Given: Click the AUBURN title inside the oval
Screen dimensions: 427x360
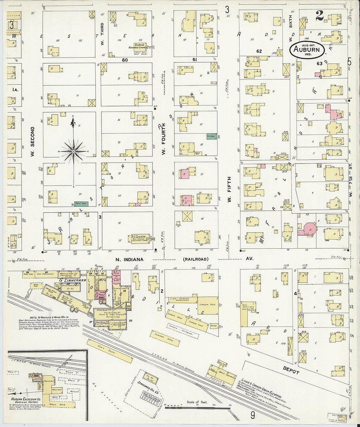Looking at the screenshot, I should [307, 50].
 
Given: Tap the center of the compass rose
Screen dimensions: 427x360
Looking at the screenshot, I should [74, 151].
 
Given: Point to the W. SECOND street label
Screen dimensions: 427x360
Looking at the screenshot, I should [33, 141].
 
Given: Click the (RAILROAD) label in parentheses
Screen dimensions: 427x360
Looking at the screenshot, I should [195, 259].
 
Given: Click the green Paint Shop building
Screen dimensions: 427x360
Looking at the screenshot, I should [81, 204].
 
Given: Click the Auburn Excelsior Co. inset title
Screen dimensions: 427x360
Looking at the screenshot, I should [26, 400].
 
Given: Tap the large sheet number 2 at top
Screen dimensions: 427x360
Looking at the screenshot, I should [319, 15].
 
